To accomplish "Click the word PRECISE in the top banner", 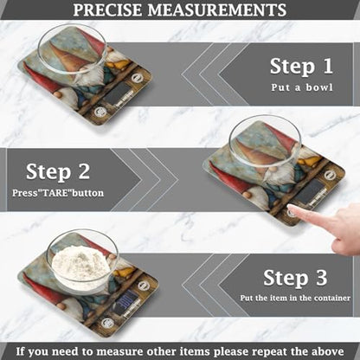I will pyautogui.click(x=112, y=10).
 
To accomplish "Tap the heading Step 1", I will pyautogui.click(x=300, y=66).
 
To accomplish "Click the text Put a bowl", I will pyautogui.click(x=300, y=87).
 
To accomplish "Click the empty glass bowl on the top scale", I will pyautogui.click(x=74, y=48).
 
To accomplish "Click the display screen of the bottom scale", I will pyautogui.click(x=127, y=302).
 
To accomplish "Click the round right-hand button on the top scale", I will pyautogui.click(x=137, y=78).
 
